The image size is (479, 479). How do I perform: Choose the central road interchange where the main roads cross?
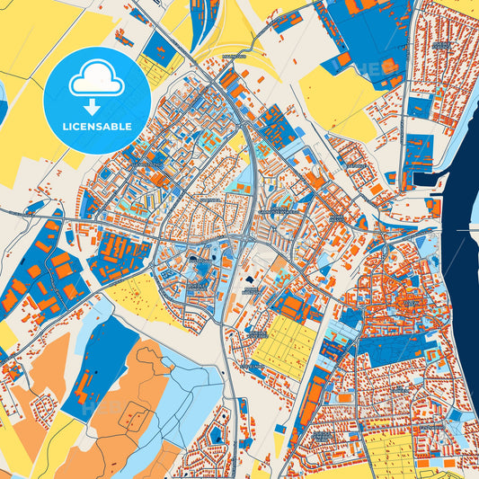pyautogui.click(x=246, y=239)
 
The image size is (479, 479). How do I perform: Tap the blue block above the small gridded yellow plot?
pyautogui.click(x=160, y=49)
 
